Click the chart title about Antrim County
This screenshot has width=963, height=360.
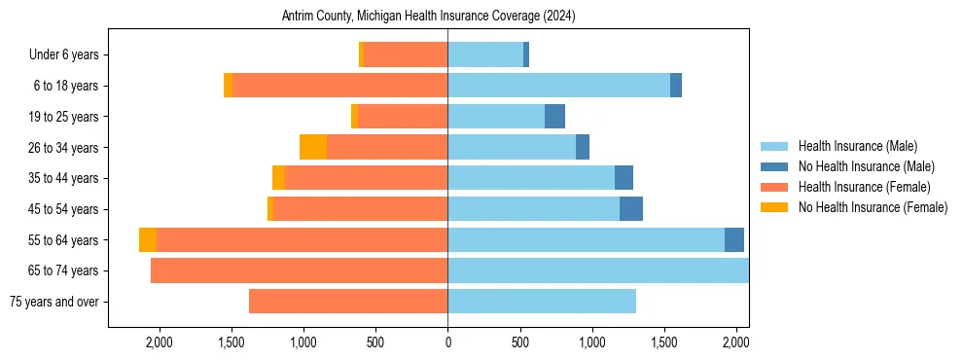click(428, 17)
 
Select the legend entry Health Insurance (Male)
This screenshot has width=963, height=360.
click(857, 146)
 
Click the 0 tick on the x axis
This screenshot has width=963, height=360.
click(447, 342)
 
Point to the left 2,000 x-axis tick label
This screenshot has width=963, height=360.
click(159, 342)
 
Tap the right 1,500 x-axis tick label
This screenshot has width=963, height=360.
click(664, 342)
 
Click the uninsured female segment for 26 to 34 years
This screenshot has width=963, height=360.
click(313, 147)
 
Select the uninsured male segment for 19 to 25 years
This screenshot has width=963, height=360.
click(554, 117)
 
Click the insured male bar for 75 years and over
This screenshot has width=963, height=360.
click(542, 302)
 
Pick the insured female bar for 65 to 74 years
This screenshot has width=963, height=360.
click(300, 270)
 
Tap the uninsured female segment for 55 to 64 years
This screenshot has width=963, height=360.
click(148, 240)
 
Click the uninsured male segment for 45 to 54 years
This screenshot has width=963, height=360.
click(631, 209)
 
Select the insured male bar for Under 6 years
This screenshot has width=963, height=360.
click(485, 55)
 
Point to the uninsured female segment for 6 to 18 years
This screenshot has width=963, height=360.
click(229, 86)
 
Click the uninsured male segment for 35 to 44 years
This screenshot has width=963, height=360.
click(624, 178)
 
